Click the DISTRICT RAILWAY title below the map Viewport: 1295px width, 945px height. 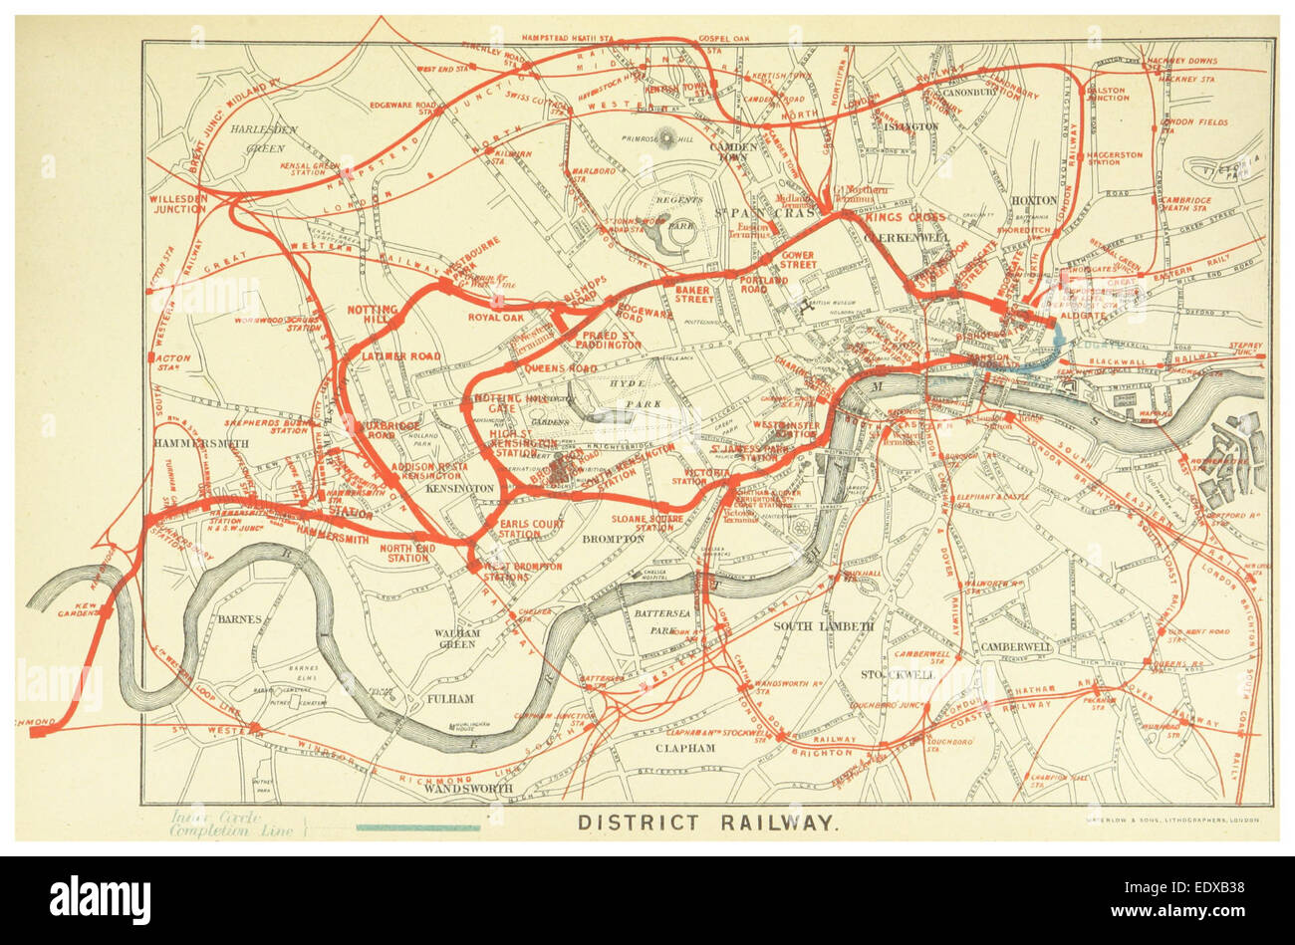tap(705, 823)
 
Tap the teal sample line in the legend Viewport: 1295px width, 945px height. tap(417, 827)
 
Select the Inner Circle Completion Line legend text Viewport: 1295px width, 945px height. tap(233, 823)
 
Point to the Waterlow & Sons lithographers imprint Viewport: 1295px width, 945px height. tap(1166, 821)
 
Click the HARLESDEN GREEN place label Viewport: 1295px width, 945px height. tap(258, 138)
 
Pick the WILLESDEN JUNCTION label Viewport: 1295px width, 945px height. tap(178, 204)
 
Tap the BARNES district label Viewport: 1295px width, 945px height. tap(239, 618)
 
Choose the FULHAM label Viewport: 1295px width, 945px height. tap(449, 699)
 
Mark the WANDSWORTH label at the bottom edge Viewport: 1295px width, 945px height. tap(467, 789)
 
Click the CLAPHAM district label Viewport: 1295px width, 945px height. tap(684, 747)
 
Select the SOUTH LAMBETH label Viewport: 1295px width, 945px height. tap(823, 626)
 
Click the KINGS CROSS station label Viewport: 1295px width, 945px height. tap(905, 217)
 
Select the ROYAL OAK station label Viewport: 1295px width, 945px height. tap(495, 319)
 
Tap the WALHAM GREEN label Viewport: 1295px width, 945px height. tap(457, 638)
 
